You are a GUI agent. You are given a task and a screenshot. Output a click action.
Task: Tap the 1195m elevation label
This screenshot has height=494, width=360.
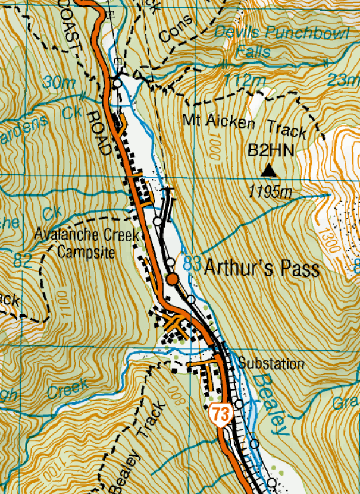(271, 191)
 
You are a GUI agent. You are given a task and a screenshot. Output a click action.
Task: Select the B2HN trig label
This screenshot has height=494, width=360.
(271, 151)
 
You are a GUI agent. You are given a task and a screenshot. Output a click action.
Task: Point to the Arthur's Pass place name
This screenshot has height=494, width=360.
(262, 268)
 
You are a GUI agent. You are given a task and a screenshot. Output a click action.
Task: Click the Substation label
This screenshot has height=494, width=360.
(271, 364)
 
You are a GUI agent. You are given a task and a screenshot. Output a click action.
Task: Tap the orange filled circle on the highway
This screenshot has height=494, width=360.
(172, 279)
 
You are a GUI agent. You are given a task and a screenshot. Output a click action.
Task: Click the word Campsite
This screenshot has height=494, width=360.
(83, 251)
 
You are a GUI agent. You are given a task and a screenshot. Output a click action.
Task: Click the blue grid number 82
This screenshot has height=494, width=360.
(23, 259)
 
